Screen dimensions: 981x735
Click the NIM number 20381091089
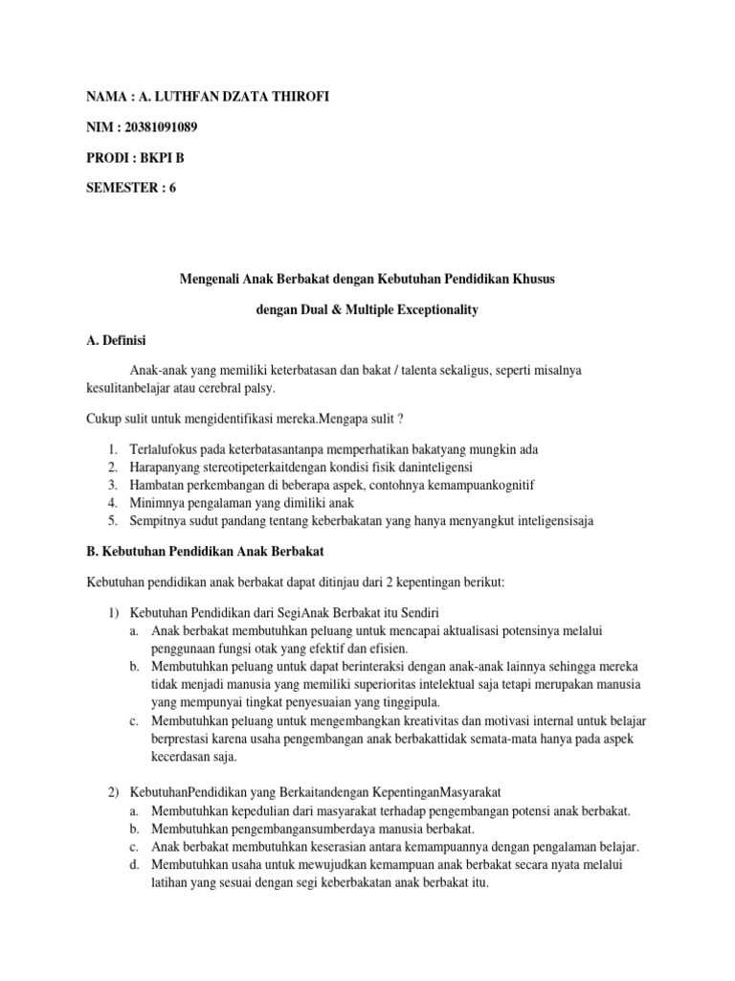tap(157, 128)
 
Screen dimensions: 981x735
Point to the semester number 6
tap(172, 188)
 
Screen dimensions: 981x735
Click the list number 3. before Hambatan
tap(112, 486)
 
